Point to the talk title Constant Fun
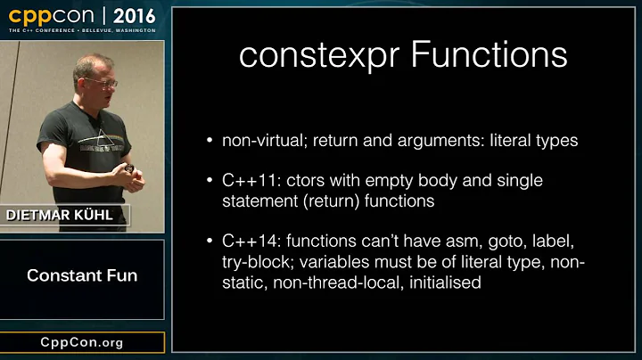pos(82,275)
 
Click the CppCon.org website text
pos(82,342)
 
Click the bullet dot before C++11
pos(209,181)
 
